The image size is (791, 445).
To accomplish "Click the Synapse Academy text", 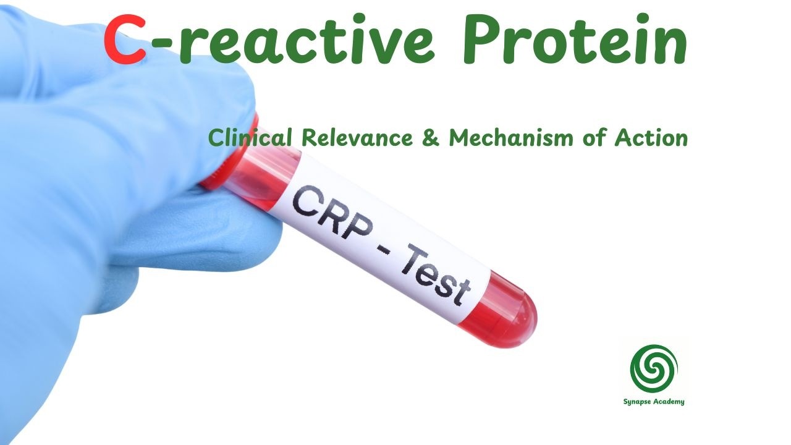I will [654, 402].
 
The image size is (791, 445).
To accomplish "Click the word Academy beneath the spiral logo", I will [668, 402].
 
